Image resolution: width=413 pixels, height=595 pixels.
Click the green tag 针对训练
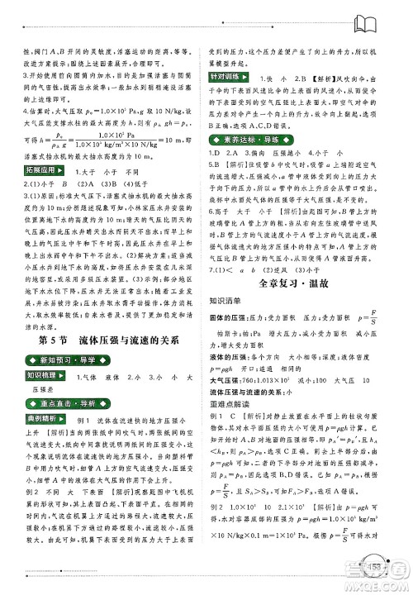[228, 77]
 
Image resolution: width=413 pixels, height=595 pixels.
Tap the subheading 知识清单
[227, 301]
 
